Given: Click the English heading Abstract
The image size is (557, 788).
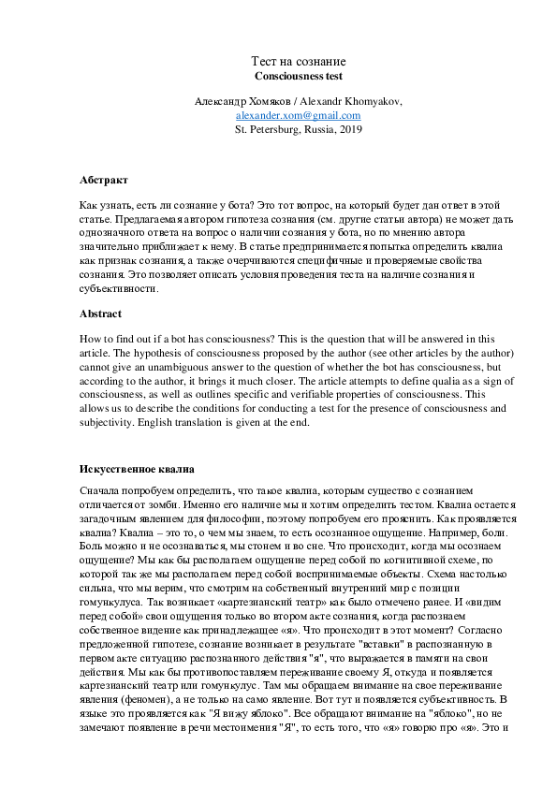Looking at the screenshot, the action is [102, 314].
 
